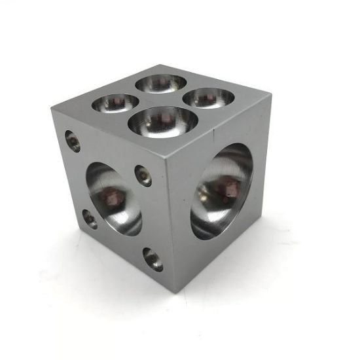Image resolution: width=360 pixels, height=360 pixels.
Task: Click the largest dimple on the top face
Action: coord(163,121)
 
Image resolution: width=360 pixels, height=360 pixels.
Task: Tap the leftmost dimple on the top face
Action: coord(115,103)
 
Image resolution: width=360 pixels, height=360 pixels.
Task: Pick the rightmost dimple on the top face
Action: coord(208,98)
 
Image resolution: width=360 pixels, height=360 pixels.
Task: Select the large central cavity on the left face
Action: coord(113,198)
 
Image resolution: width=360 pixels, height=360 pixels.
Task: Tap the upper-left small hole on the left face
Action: coord(73,141)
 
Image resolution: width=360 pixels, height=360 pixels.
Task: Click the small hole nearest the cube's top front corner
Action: coord(143,175)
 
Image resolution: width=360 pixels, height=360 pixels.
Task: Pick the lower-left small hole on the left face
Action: coord(90,219)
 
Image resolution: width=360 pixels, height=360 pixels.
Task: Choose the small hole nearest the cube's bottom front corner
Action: coord(153,259)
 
